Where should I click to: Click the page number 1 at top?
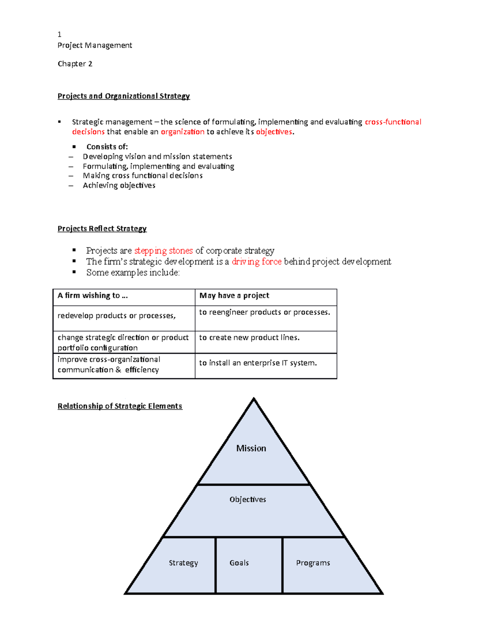[x=60, y=34]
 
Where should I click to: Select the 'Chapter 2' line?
[x=75, y=64]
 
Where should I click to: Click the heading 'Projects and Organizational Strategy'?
[x=123, y=96]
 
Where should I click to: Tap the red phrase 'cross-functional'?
[x=393, y=122]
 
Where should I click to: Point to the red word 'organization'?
[x=183, y=131]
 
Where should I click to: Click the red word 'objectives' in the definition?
[x=274, y=131]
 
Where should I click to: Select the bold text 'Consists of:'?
[x=107, y=147]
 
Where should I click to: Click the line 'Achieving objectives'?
[x=119, y=185]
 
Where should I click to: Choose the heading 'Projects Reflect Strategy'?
[x=102, y=229]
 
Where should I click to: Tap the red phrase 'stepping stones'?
[x=163, y=250]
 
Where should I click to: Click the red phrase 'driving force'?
[x=256, y=261]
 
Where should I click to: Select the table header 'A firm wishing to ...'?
[x=93, y=296]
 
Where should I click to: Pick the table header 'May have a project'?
[x=234, y=296]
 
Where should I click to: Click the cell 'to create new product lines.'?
[x=249, y=338]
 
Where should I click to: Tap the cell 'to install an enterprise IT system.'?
[x=258, y=363]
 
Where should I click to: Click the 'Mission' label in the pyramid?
[x=251, y=448]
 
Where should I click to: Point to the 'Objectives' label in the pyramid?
[x=247, y=499]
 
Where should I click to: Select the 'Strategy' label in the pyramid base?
[x=183, y=563]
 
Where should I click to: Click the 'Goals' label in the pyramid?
[x=239, y=563]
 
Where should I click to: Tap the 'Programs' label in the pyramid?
[x=313, y=563]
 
